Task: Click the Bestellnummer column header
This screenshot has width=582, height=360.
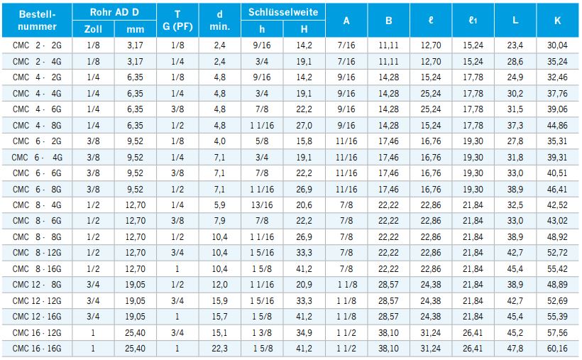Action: [x=36, y=21]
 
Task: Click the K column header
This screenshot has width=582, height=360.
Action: [x=558, y=21]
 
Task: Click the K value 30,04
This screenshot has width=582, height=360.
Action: [x=558, y=45]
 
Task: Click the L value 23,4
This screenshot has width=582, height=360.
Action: [x=516, y=45]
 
